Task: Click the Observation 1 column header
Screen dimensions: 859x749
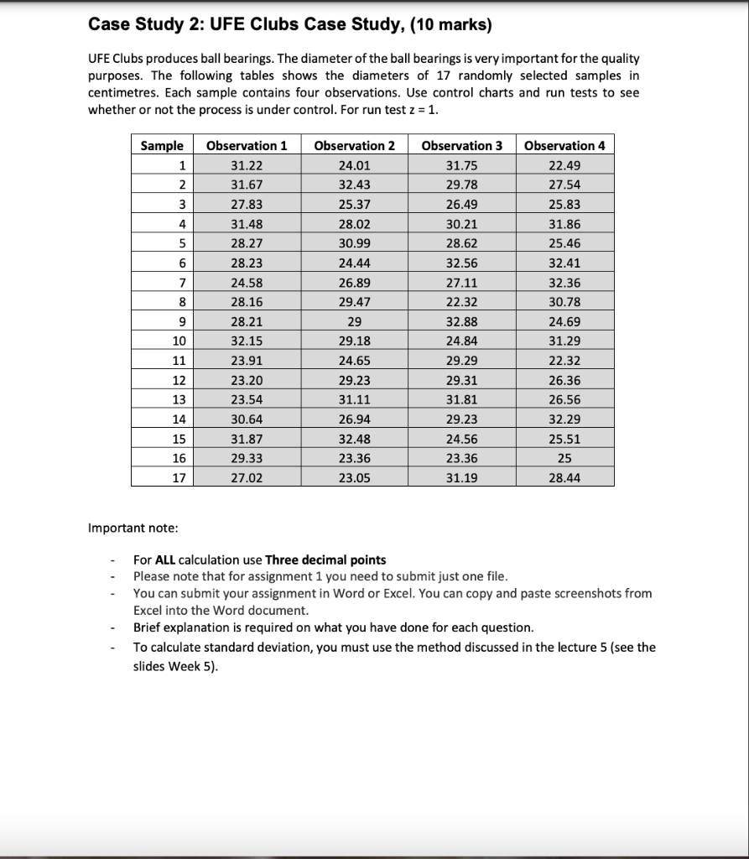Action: point(247,145)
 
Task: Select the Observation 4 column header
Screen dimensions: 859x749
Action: point(564,145)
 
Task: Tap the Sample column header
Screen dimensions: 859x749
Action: point(162,145)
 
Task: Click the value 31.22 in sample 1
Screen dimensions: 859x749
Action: point(247,165)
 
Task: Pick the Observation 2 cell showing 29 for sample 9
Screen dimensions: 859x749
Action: point(354,321)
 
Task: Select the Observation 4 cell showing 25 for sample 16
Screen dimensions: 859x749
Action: point(564,458)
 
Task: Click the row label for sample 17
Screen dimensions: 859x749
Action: point(178,477)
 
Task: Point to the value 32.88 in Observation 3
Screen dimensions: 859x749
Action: point(461,321)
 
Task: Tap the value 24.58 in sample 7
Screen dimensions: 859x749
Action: point(247,282)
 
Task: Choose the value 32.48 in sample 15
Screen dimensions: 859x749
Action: point(354,439)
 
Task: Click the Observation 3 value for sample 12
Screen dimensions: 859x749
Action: point(461,380)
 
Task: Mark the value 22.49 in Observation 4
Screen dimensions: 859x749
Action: point(564,165)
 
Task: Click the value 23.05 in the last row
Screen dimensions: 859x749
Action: point(354,477)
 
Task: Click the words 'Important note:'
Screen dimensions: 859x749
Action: point(133,528)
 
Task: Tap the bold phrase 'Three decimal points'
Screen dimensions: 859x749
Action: point(325,560)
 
